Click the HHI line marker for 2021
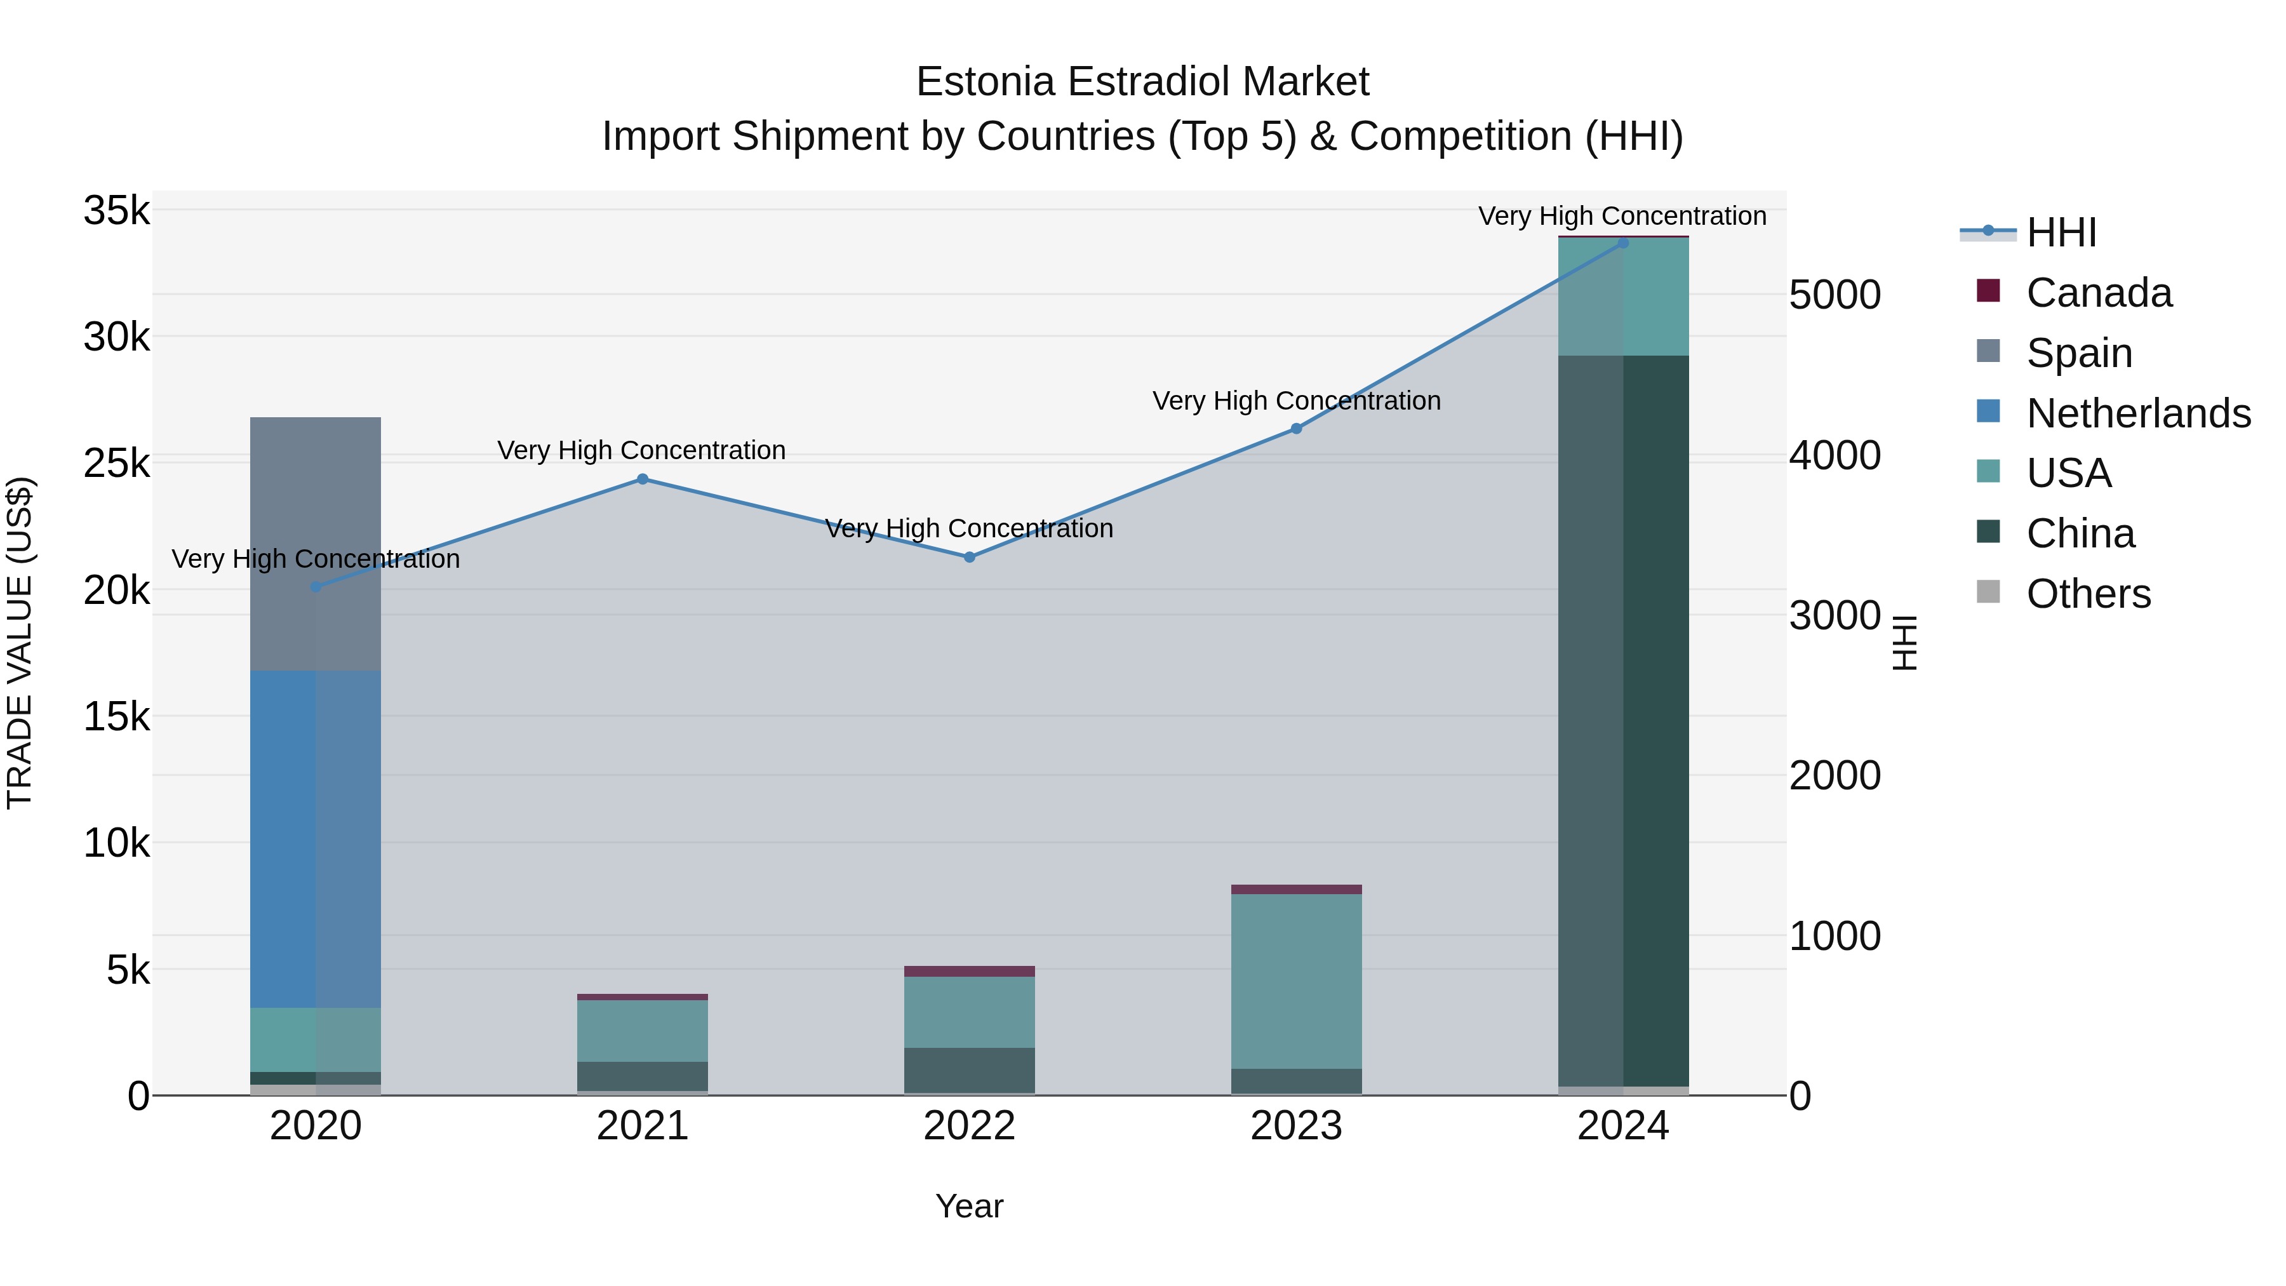pyautogui.click(x=643, y=479)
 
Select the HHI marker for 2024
pyautogui.click(x=1623, y=243)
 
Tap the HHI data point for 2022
pyautogui.click(x=969, y=558)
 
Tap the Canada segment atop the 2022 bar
pyautogui.click(x=969, y=971)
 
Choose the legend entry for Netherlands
pyautogui.click(x=2137, y=413)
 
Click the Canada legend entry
pyautogui.click(x=2098, y=293)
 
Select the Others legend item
pyautogui.click(x=2087, y=594)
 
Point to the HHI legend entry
pyautogui.click(x=2061, y=232)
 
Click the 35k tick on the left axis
pyautogui.click(x=116, y=211)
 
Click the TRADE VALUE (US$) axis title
pyautogui.click(x=20, y=643)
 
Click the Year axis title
pyautogui.click(x=969, y=1206)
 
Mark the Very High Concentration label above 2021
pyautogui.click(x=641, y=450)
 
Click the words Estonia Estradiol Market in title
pyautogui.click(x=1142, y=82)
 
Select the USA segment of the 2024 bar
pyautogui.click(x=1623, y=297)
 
